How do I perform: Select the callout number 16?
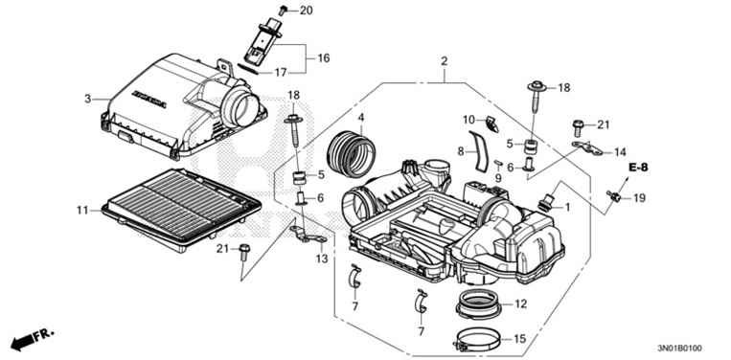[x=323, y=58]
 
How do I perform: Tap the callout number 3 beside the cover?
[x=87, y=99]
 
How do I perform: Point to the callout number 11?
[x=81, y=208]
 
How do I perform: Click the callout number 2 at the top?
[x=444, y=62]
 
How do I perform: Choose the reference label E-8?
[x=639, y=168]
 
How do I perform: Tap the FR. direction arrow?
[x=31, y=339]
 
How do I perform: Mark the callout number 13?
[x=321, y=259]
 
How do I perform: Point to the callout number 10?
[x=469, y=120]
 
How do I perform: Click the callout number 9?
[x=498, y=178]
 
